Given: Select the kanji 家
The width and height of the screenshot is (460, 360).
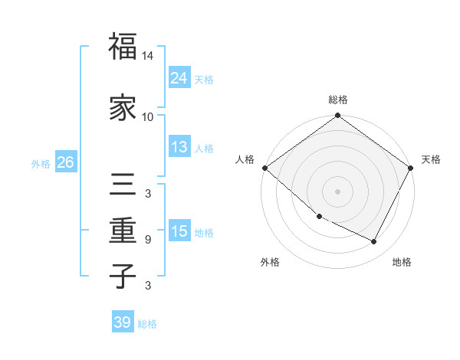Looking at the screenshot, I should pos(123,108).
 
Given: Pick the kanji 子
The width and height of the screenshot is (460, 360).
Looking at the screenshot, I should pos(123,276).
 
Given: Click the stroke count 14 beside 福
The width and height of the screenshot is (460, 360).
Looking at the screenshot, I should pos(148,56).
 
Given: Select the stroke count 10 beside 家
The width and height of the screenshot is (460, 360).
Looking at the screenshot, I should pos(148,117).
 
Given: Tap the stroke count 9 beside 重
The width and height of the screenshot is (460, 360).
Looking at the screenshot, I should pos(148,240).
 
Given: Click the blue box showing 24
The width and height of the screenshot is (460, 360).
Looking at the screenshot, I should pos(179,78).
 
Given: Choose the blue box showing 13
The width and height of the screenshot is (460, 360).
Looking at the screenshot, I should pos(179,147).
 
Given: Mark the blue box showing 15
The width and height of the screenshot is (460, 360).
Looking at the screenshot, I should pos(179,231).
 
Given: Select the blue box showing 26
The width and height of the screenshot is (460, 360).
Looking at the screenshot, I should pos(65,162).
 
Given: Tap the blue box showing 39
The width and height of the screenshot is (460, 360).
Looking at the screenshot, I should pos(122,322).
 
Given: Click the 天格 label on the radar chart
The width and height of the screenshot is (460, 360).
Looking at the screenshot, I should pos(431,159).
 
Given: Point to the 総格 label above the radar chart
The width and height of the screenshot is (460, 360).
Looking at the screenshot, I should pos(338,100).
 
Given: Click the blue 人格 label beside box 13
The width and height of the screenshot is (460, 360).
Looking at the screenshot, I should pos(204,148).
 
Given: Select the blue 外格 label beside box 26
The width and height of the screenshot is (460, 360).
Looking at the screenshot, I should pos(41,163).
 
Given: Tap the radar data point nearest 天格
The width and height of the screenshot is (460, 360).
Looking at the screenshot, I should pos(411,168).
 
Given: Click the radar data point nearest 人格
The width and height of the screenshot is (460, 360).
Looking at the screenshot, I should pos(264,168).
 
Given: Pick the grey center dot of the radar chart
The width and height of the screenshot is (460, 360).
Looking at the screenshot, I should pos(338,191).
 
